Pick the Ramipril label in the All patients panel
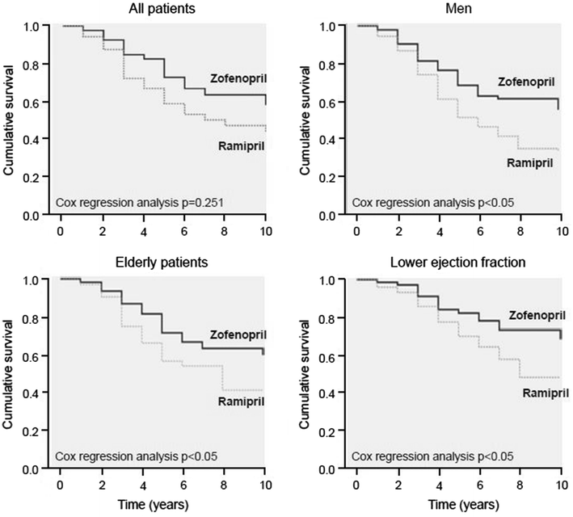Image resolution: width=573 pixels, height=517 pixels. point(242,145)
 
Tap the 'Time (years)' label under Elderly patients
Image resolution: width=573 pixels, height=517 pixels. point(165,505)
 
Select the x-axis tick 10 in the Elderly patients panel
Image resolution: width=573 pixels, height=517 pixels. point(267,484)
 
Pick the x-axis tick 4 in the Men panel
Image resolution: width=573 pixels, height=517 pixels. point(440,230)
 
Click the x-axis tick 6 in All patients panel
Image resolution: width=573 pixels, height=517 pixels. point(185,230)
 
